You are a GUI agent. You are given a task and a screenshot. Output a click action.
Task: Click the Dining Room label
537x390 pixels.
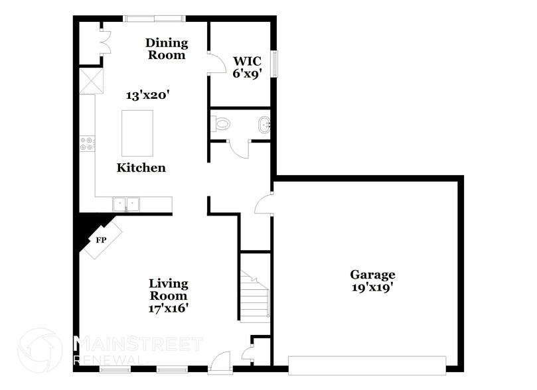(167, 49)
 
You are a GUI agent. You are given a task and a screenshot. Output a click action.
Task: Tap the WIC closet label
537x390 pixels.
(242, 67)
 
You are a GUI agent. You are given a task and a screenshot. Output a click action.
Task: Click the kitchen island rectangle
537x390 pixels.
(137, 133)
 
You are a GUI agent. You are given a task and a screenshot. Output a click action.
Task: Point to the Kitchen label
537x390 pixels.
(141, 168)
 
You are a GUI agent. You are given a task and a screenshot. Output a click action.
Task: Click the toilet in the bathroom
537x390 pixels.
(220, 123)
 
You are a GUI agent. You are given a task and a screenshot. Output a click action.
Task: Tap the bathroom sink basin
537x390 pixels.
(264, 124)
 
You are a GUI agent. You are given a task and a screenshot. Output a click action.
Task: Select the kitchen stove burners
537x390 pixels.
(87, 143)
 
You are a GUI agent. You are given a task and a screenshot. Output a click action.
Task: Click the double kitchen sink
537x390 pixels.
(126, 204)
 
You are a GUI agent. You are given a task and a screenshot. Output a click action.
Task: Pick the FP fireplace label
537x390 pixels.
(101, 239)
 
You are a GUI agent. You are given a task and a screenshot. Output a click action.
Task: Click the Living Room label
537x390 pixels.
(168, 290)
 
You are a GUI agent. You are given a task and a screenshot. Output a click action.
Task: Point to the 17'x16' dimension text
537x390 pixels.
(169, 308)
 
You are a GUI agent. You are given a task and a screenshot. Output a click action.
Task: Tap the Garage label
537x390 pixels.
(372, 275)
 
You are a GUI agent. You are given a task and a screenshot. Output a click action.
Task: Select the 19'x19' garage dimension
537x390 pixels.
(372, 287)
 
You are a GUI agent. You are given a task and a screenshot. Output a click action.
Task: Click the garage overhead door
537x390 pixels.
(366, 365)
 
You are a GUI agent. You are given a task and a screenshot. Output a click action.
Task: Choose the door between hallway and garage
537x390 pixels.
(264, 204)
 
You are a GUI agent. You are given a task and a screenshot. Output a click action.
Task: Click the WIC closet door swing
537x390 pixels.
(216, 64)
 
